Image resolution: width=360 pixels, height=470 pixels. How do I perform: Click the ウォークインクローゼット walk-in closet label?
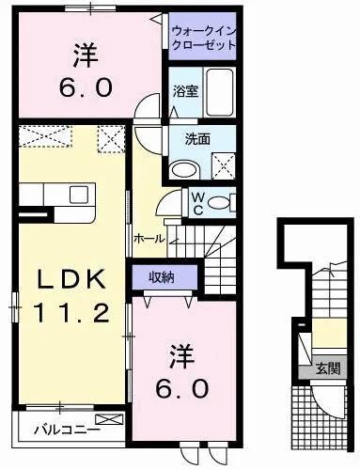203,38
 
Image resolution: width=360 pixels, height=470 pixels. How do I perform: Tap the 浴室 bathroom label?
186,91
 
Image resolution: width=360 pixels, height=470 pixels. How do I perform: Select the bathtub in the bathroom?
220,92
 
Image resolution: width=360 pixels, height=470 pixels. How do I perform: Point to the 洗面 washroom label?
197,139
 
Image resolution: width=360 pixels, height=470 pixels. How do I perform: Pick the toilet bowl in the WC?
219,203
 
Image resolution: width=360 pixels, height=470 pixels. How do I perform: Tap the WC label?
197,203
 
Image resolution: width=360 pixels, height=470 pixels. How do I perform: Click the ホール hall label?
149,239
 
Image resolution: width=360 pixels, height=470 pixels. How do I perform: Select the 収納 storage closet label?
162,277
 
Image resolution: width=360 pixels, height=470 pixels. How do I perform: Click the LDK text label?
71,279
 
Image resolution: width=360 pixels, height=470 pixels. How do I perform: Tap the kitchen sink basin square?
79,195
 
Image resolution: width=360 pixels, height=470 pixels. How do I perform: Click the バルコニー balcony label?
67,429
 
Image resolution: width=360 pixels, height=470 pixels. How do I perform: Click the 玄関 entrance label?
328,368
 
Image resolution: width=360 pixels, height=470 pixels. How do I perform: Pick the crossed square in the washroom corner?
224,166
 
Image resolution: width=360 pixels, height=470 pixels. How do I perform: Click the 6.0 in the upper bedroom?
86,87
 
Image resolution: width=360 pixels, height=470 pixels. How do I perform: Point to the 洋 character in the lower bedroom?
182,357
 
